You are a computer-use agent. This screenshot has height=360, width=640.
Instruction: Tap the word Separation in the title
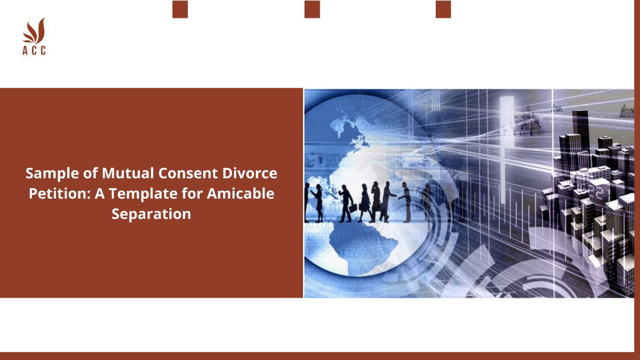[x=152, y=214]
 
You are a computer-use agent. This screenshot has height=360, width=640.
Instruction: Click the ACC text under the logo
[x=34, y=51]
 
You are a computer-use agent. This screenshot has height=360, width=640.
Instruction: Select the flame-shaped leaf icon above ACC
[x=34, y=31]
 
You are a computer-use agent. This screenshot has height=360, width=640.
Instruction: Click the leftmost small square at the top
[x=180, y=9]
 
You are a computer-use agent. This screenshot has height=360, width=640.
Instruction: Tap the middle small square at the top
[x=312, y=9]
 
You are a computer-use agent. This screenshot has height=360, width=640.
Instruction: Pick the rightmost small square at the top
[x=443, y=9]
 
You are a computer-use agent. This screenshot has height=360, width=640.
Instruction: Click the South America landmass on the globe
[x=360, y=246]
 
